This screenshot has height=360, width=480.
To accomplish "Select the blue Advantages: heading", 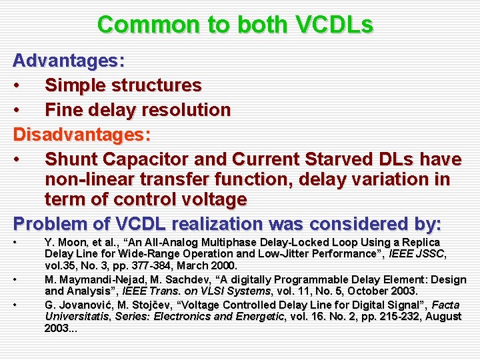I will tap(69, 61).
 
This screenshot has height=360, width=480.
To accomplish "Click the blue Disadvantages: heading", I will tap(82, 135).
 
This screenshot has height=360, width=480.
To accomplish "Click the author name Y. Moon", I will tap(62, 243).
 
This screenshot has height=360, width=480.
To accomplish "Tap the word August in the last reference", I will tap(443, 317).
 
